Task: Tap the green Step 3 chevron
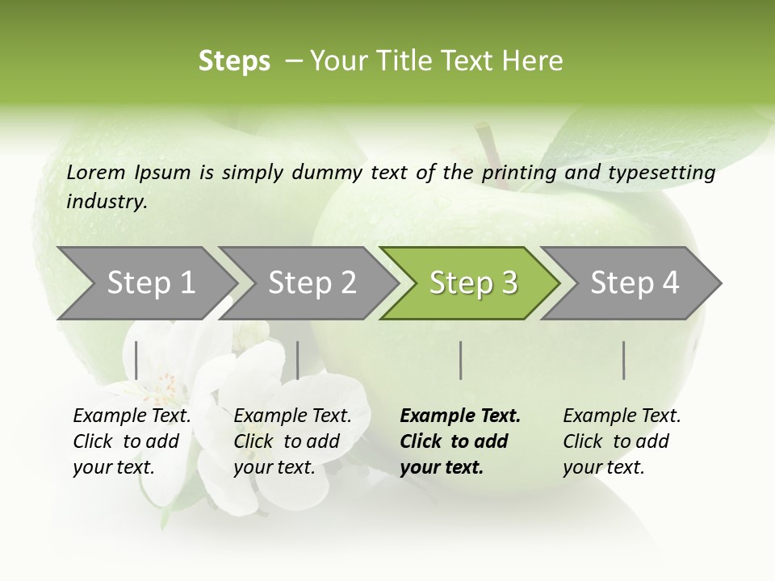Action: click(x=473, y=283)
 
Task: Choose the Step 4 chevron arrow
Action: click(x=635, y=283)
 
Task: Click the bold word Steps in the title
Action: click(x=234, y=61)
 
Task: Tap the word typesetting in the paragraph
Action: click(x=668, y=172)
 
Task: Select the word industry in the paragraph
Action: click(x=106, y=201)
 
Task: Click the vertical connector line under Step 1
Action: click(x=136, y=360)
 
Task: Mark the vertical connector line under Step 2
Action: click(x=298, y=360)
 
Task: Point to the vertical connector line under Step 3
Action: click(x=460, y=360)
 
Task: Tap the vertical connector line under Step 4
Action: click(x=623, y=360)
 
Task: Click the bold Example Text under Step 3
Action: click(x=460, y=416)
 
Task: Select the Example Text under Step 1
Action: click(x=132, y=416)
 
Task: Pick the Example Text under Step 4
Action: click(x=622, y=416)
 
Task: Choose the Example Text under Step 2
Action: click(x=292, y=416)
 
